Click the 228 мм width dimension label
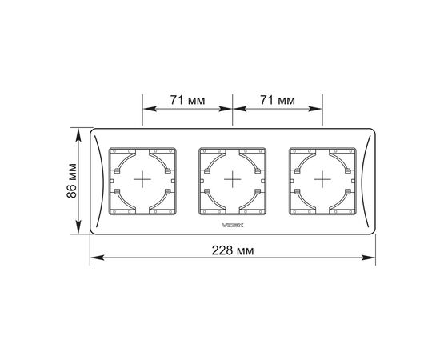click(x=233, y=250)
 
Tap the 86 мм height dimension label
click(x=71, y=181)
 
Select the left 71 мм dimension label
click(x=187, y=100)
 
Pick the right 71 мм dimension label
click(x=278, y=100)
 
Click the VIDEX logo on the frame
click(x=233, y=225)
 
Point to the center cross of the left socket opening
click(x=142, y=179)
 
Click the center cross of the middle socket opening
click(x=233, y=179)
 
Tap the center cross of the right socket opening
click(x=322, y=179)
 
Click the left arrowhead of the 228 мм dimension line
click(x=97, y=258)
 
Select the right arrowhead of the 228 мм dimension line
click(x=368, y=258)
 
